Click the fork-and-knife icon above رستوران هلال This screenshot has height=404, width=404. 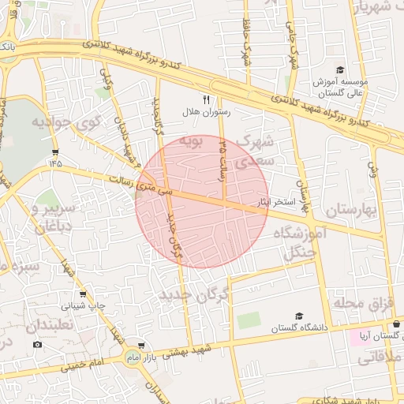(207, 99)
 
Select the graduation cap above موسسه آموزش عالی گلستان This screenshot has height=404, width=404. (340, 69)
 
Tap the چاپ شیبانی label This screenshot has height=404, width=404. (84, 305)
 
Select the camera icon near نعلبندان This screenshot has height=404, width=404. (37, 344)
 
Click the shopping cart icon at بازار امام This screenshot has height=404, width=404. (141, 346)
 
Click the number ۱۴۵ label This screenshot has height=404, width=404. (54, 163)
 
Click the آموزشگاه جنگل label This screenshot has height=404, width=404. (299, 241)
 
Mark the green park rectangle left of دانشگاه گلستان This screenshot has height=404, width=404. (249, 320)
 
